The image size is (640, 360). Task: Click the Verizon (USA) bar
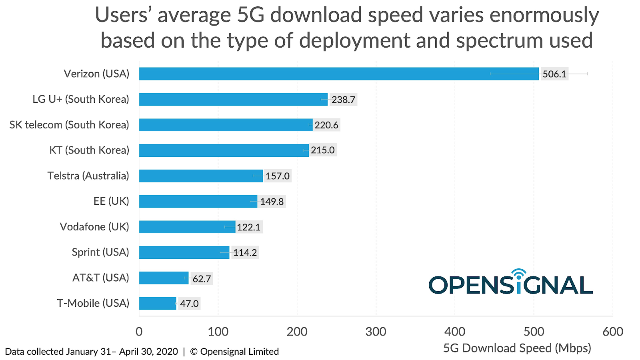pos(338,74)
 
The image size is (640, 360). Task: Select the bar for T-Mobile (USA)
pos(158,304)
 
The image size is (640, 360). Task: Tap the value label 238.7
pos(343,100)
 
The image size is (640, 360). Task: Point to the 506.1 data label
pos(554,74)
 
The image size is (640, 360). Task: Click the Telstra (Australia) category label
pos(88,176)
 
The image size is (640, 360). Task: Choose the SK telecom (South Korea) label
pos(69,125)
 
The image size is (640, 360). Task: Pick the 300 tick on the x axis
pos(376,332)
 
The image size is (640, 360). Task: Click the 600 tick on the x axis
pos(613,332)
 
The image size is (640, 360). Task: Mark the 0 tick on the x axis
pos(139,332)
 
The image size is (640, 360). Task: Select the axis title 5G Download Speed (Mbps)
pos(517,348)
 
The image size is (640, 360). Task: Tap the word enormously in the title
pos(544,15)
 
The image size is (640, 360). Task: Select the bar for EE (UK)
pos(198,202)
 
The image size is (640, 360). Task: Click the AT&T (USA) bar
pos(164,278)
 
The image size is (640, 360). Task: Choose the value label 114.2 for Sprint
pos(245,253)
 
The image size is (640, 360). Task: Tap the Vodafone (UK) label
pos(94,227)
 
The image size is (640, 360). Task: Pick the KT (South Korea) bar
pos(224,150)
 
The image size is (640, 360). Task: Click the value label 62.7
pos(202,278)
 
